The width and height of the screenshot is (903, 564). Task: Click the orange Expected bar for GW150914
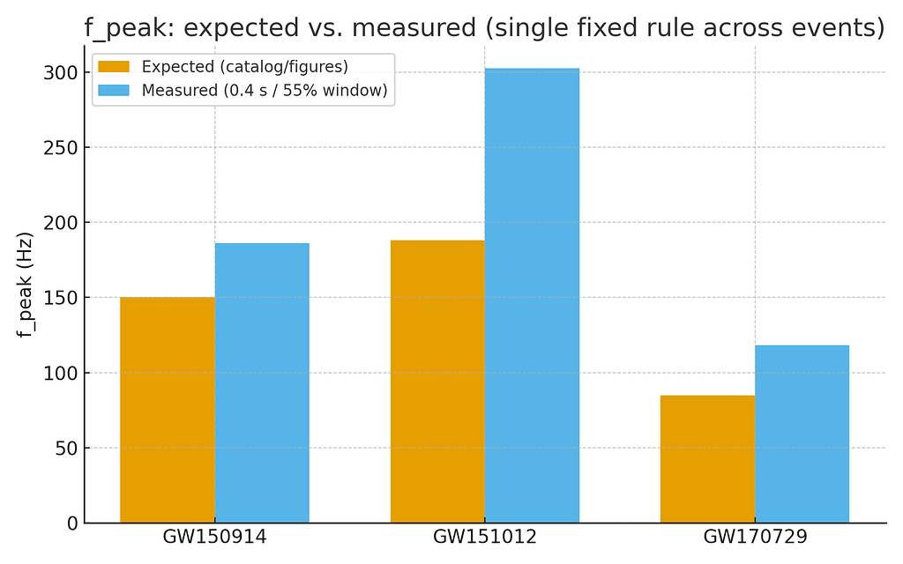[x=168, y=410]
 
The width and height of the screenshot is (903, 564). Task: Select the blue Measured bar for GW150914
[x=262, y=383]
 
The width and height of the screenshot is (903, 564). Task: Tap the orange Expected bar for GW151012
[x=437, y=382]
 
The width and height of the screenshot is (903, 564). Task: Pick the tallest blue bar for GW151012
[x=532, y=295]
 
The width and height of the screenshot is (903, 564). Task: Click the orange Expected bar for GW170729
[x=707, y=458]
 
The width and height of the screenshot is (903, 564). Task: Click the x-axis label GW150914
[x=214, y=537]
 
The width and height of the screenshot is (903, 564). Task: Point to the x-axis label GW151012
[x=484, y=537]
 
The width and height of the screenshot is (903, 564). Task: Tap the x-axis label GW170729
[x=755, y=537]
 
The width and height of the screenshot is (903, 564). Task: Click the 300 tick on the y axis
[x=59, y=72]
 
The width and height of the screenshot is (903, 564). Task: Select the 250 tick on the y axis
[x=59, y=148]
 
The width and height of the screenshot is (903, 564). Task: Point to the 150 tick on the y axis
[x=59, y=298]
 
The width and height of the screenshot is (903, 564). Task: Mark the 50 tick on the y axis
[x=64, y=449]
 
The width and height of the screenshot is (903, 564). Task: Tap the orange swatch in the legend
[x=114, y=67]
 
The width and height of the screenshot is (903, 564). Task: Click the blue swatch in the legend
[x=114, y=91]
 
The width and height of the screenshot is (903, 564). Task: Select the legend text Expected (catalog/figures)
[x=245, y=67]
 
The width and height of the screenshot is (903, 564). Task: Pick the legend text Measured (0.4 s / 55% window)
[x=265, y=91]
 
